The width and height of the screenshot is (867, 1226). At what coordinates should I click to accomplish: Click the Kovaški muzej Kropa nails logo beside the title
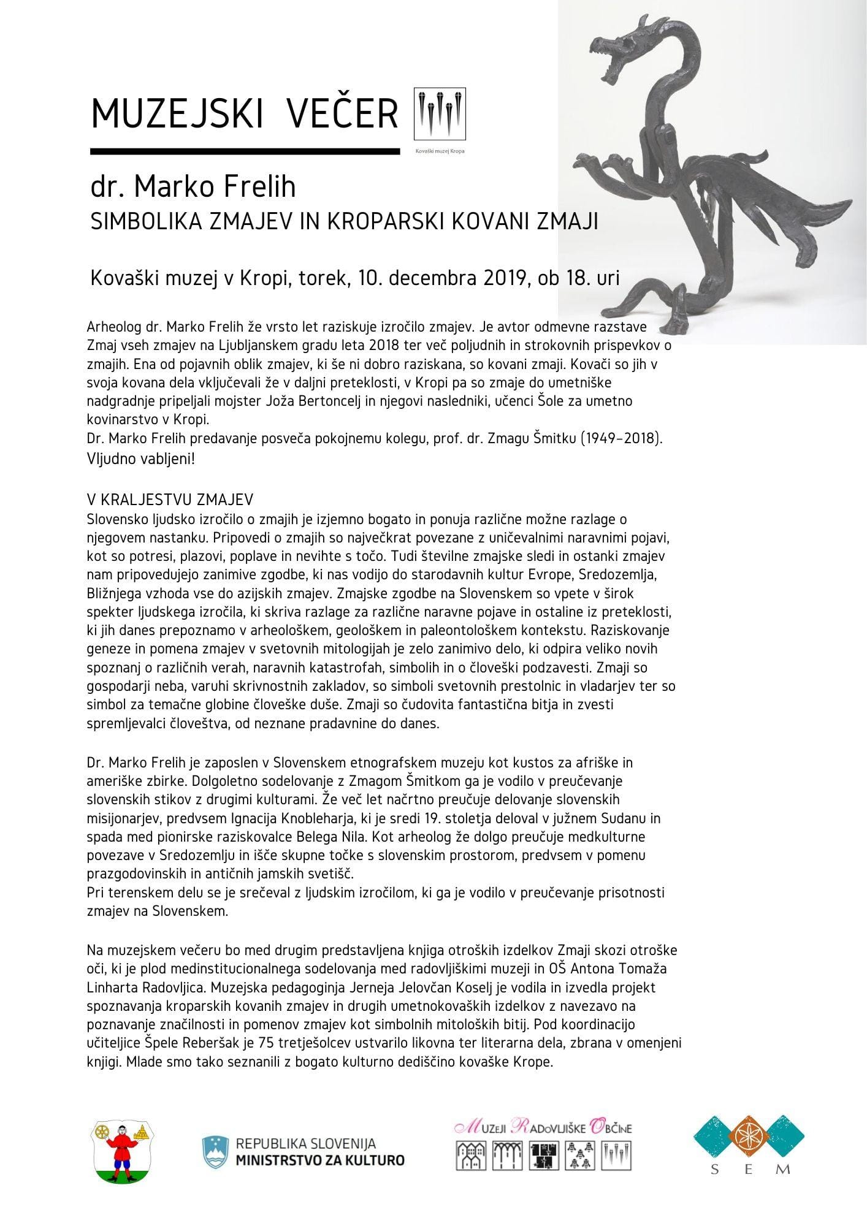[x=440, y=114]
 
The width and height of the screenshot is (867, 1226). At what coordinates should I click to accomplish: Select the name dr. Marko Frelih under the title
[x=193, y=187]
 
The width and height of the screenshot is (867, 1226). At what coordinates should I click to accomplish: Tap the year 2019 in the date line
[x=499, y=278]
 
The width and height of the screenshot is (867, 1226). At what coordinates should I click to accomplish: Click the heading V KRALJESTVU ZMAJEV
[x=170, y=500]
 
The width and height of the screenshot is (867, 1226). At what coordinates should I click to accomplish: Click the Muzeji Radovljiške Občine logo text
[x=543, y=1127]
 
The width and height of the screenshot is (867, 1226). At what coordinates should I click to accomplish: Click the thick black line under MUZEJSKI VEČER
[x=245, y=150]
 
